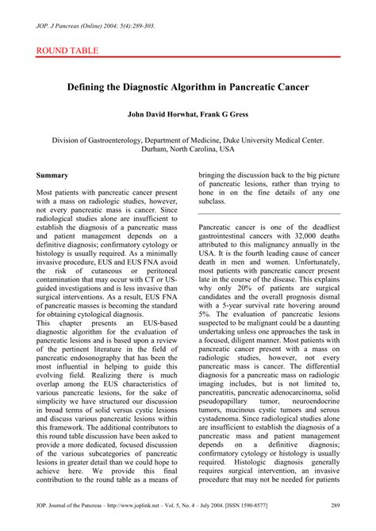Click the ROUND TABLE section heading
(x=67, y=51)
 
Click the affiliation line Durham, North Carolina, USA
(x=188, y=148)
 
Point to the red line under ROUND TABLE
(x=188, y=58)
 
